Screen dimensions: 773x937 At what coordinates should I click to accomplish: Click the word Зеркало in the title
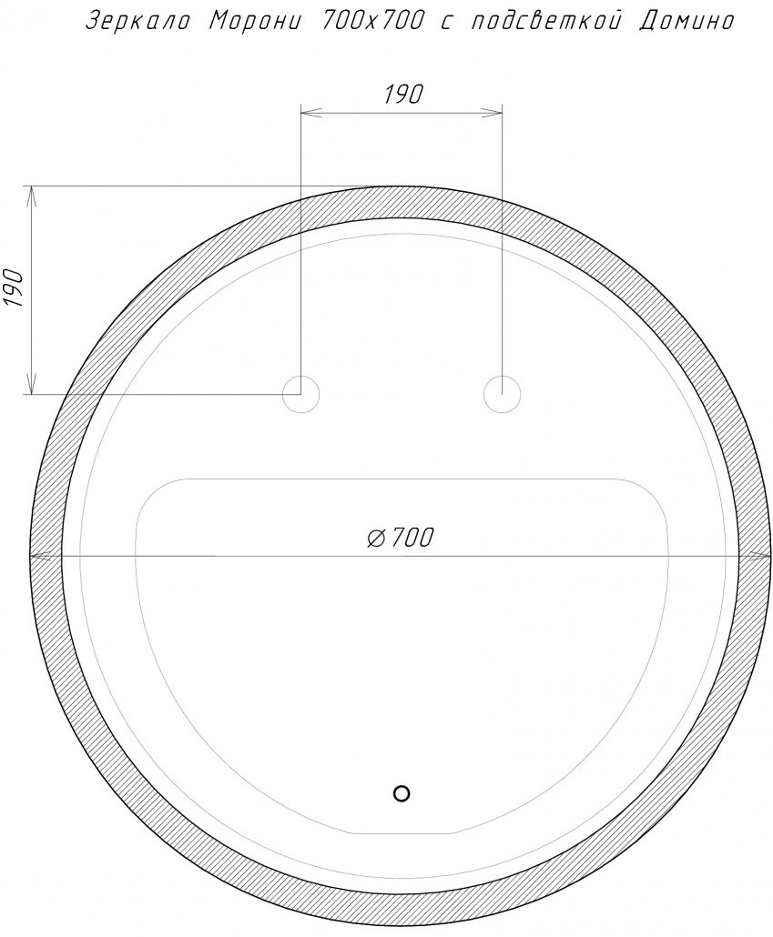point(138,22)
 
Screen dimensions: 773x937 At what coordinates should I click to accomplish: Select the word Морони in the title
point(258,22)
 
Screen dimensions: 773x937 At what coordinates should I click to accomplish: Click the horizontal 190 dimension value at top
point(402,95)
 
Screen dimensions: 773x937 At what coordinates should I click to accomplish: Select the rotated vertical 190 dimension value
point(13,288)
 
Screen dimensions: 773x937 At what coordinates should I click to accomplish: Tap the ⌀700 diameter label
point(400,538)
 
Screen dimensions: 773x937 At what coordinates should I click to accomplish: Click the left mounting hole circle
point(301,395)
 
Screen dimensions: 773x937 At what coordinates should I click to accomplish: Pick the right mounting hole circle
point(502,395)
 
